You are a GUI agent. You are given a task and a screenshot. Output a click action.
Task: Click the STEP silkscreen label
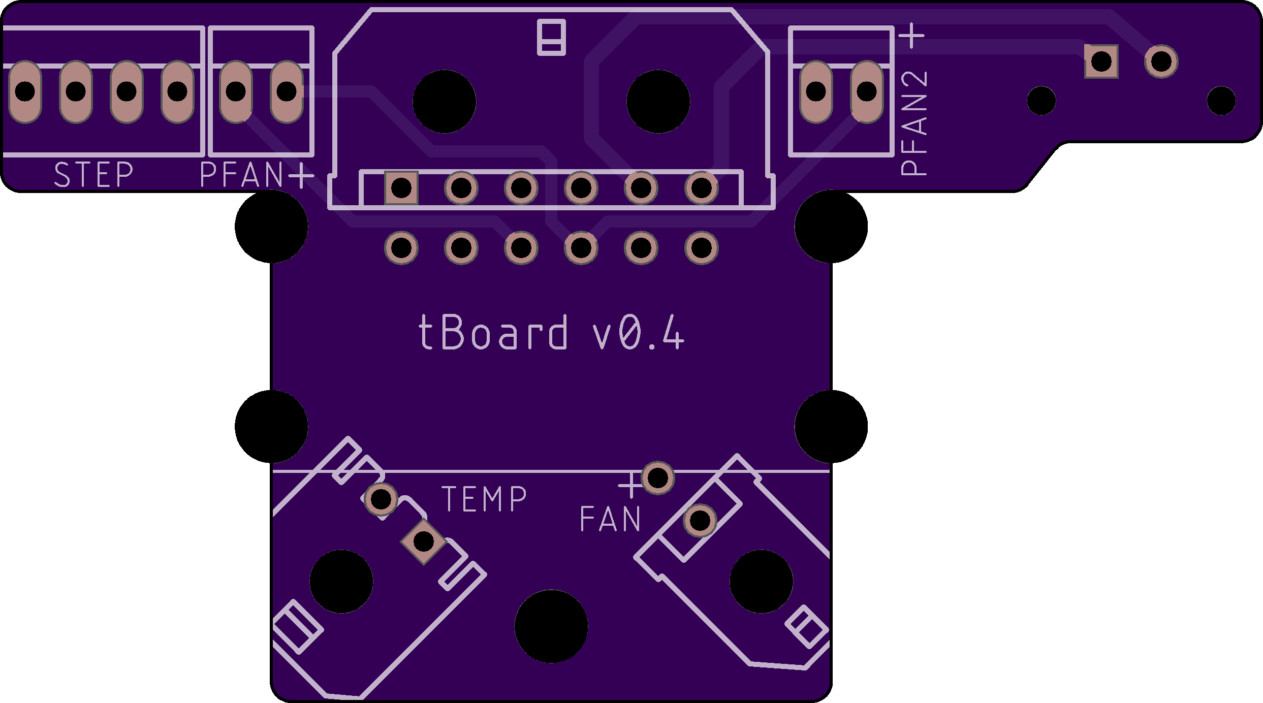point(93,174)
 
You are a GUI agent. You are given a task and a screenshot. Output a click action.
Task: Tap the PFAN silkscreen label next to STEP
point(242,174)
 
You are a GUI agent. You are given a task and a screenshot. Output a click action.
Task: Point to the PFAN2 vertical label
point(914,123)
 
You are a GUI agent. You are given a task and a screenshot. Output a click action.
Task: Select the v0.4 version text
point(639,332)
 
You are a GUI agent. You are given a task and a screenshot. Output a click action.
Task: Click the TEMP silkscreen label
point(484,499)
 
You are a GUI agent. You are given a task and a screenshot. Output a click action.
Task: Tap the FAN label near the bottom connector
point(610,519)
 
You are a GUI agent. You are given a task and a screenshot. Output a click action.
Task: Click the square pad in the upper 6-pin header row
point(401,188)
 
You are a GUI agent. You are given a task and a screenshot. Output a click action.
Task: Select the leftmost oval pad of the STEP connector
point(25,91)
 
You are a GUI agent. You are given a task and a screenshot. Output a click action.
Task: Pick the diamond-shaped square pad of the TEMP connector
point(424,541)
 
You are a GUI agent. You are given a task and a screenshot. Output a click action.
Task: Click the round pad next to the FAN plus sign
point(658,477)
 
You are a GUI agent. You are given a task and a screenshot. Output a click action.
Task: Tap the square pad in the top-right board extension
point(1101,61)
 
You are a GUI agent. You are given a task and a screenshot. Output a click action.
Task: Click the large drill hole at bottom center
point(551,626)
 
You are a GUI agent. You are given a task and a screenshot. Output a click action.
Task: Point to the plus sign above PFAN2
point(913,36)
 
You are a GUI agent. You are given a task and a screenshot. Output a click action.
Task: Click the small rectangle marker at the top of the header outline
point(552,37)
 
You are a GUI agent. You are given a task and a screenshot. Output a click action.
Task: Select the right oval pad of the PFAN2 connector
point(867,91)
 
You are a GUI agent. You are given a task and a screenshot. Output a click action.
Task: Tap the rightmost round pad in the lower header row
point(702,248)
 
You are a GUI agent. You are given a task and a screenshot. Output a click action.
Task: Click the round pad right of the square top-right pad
point(1161,61)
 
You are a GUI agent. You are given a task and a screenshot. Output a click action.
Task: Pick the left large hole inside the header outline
point(445,102)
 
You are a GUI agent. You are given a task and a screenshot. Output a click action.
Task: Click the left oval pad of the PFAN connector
point(236,91)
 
